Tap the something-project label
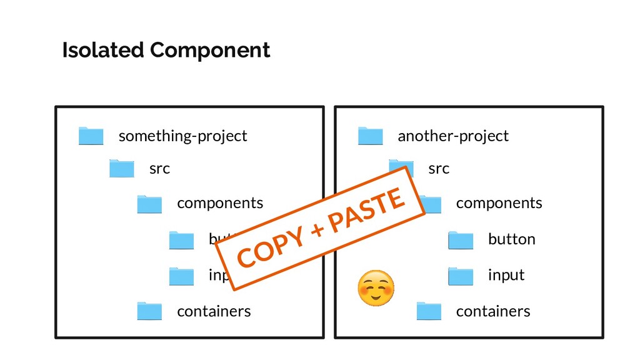click(x=182, y=136)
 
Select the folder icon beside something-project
click(x=91, y=136)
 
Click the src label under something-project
click(x=159, y=169)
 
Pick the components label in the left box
click(x=220, y=203)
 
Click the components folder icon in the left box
click(x=149, y=204)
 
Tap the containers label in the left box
click(x=214, y=311)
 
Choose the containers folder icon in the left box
click(x=149, y=311)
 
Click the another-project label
click(x=453, y=136)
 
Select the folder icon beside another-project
click(x=370, y=136)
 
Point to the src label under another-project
click(x=439, y=169)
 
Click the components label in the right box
click(x=499, y=203)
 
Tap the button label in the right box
click(x=511, y=239)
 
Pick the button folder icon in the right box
click(x=461, y=240)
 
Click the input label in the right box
click(x=506, y=275)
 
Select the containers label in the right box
click(x=492, y=311)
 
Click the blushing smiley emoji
click(x=376, y=288)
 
